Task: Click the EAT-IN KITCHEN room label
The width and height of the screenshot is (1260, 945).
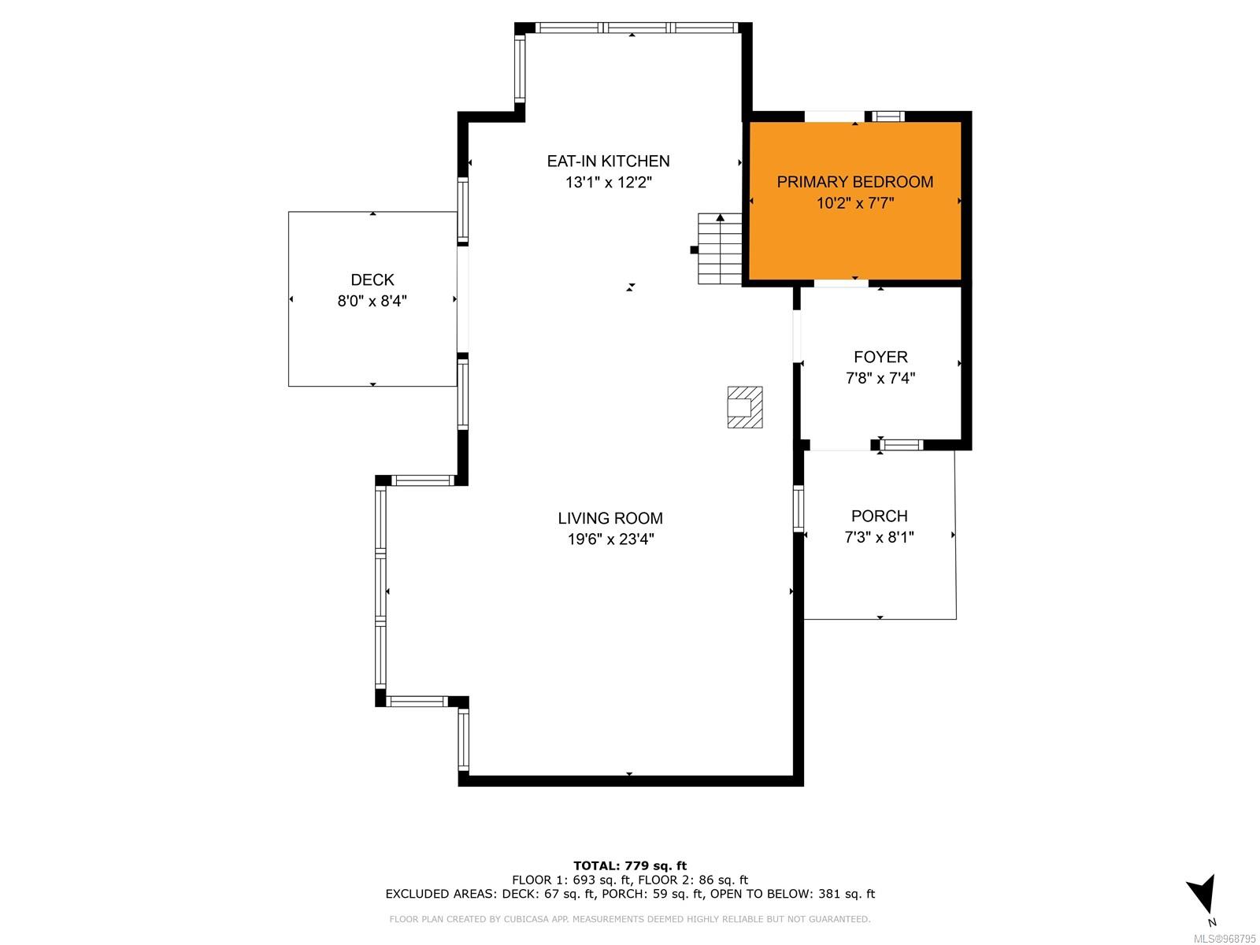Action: click(x=608, y=161)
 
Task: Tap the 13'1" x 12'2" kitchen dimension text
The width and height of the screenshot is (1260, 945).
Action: click(x=609, y=183)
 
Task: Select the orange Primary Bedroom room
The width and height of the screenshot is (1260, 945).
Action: click(x=854, y=201)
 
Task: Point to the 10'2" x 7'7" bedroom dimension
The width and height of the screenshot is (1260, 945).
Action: click(x=854, y=203)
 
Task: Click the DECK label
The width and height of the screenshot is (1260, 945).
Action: click(x=372, y=280)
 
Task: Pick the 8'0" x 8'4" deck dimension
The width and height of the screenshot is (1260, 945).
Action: click(x=372, y=301)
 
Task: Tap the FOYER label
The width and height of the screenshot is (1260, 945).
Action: click(x=880, y=357)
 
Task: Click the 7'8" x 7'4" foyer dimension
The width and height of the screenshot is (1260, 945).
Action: click(x=880, y=378)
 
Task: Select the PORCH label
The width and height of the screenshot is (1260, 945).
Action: click(x=879, y=516)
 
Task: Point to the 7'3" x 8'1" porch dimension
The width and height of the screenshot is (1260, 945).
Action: click(x=879, y=537)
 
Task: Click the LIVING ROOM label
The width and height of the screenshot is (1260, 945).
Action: click(x=610, y=518)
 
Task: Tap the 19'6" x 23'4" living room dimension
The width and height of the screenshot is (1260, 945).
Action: click(x=611, y=539)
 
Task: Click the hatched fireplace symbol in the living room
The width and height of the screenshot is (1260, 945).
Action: click(x=744, y=407)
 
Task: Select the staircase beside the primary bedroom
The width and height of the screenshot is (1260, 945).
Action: click(x=720, y=248)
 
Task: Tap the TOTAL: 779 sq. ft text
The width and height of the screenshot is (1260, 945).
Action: click(x=630, y=865)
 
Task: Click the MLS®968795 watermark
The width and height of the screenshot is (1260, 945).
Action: click(x=1225, y=939)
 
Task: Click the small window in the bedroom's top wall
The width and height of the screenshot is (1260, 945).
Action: click(x=888, y=117)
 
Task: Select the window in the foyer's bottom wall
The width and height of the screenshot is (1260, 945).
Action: click(x=902, y=445)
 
